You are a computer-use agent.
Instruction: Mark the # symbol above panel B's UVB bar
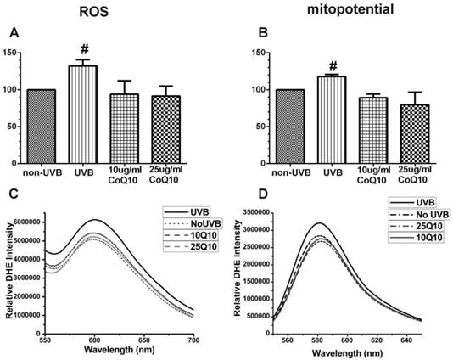tap(322, 65)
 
